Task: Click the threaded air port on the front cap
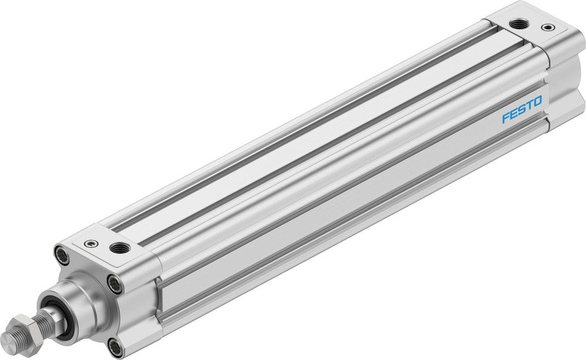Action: (120, 248)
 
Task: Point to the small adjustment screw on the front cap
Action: (90, 243)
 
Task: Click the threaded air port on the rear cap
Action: (517, 24)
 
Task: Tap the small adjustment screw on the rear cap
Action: (547, 27)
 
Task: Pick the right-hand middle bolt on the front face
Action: (115, 284)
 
